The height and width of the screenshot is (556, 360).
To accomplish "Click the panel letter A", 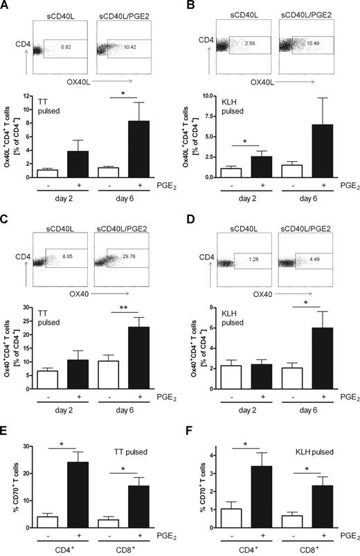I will pos(6,7).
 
